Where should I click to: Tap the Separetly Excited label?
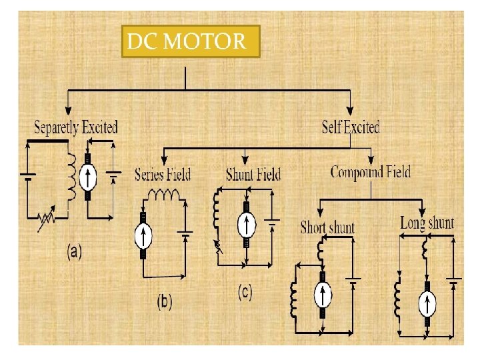[75, 127]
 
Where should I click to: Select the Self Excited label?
[351, 127]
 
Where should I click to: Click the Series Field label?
[162, 175]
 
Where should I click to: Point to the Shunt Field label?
[253, 175]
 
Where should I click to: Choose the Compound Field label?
[371, 172]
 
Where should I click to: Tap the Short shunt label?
[327, 227]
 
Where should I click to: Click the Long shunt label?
[427, 223]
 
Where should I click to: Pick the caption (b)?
[164, 301]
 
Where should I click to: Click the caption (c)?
[245, 293]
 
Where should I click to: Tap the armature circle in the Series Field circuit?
[143, 235]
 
